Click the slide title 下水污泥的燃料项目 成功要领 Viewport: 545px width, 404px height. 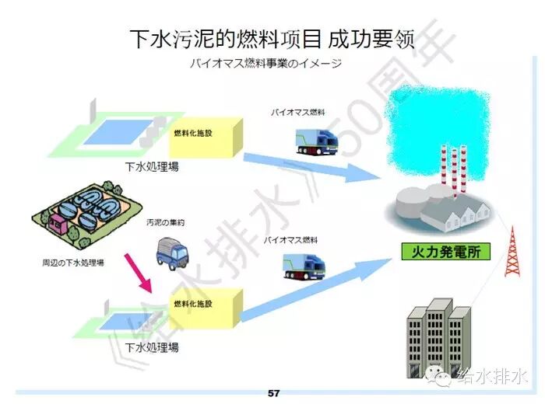pos(272,37)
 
